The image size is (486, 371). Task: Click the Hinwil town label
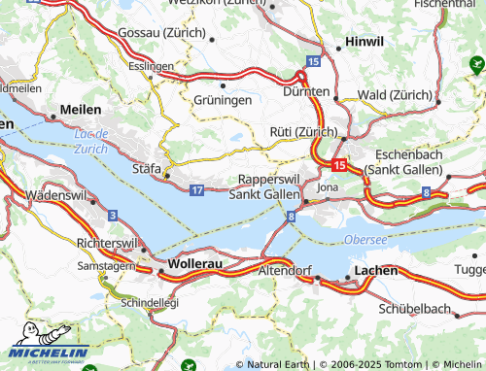[x=366, y=45]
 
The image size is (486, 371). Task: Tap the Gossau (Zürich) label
[x=160, y=33]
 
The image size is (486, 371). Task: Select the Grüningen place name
[x=223, y=99]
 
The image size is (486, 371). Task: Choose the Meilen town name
[x=80, y=111]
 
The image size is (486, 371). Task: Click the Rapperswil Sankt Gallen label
[x=264, y=186]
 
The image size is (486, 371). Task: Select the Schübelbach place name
[x=416, y=309]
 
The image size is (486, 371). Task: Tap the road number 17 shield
[x=196, y=189]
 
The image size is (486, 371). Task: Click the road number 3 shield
[x=114, y=214]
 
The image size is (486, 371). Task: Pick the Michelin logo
[x=48, y=342]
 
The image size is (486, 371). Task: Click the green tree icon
[x=476, y=65]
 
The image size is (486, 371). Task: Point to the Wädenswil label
[x=57, y=194]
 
